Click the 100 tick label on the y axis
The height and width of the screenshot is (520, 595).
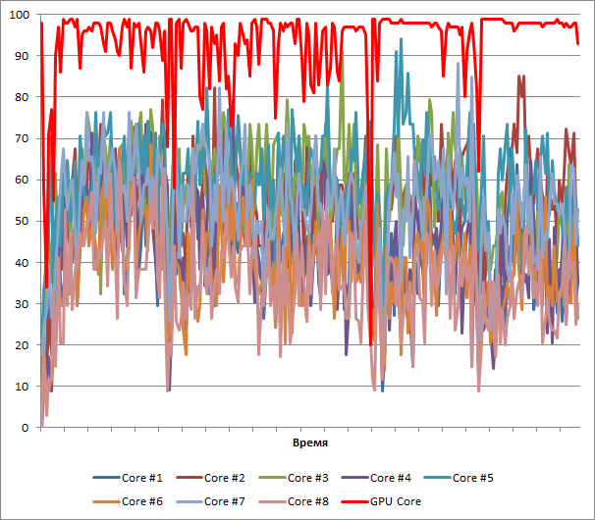pyautogui.click(x=19, y=15)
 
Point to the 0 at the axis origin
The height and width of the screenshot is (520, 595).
pyautogui.click(x=25, y=428)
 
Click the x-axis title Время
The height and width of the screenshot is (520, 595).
pyautogui.click(x=310, y=443)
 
